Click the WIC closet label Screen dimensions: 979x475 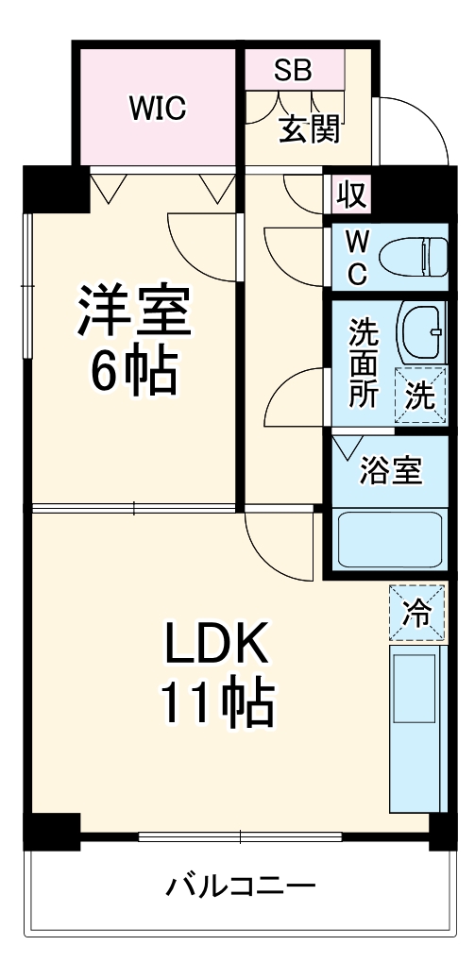[x=158, y=109]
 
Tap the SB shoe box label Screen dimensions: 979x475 [x=293, y=71]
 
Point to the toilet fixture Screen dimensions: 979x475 [x=414, y=256]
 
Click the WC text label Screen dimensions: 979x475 [x=356, y=257]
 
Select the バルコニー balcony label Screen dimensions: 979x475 [x=241, y=887]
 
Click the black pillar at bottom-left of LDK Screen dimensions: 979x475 [x=49, y=830]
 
